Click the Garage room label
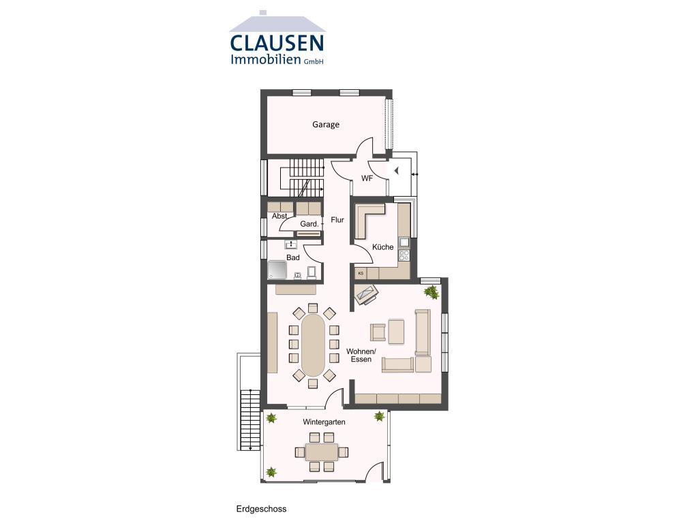coord(326,125)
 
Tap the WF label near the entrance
coord(367,179)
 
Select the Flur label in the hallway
coord(337,220)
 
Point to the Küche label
coord(382,247)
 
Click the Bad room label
coord(293,258)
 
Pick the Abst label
coord(279,216)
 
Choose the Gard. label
coord(309,224)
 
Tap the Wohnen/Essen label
coord(361,355)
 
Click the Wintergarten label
coord(324,422)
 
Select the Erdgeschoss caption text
coord(261,509)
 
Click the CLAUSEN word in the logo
coord(277,43)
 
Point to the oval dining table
coord(314,345)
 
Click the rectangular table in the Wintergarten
coord(322,452)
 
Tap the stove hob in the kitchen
coord(404,256)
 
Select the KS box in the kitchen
coord(361,273)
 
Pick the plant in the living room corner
coord(431,292)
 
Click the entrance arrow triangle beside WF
coord(396,171)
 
